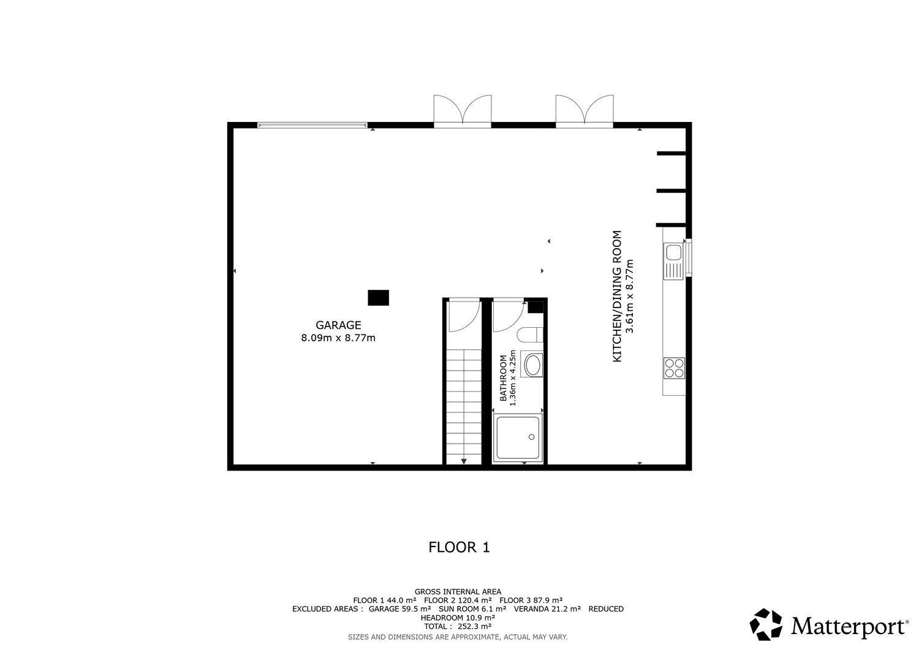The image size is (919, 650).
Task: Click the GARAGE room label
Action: (x=338, y=325)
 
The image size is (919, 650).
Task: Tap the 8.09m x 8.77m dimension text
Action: (x=338, y=338)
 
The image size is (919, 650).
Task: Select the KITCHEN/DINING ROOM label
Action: (x=617, y=297)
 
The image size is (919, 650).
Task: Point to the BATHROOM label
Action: (x=503, y=379)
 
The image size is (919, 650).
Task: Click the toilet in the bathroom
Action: (x=530, y=335)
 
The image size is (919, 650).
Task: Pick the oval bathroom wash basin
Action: (x=532, y=365)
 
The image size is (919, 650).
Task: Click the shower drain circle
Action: (x=532, y=437)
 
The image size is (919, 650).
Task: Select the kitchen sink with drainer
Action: (x=674, y=261)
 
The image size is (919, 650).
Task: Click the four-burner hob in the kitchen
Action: (x=674, y=368)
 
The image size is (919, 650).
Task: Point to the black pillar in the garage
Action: (x=378, y=298)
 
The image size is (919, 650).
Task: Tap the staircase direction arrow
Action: (x=464, y=462)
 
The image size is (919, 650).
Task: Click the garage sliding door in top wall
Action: (x=312, y=125)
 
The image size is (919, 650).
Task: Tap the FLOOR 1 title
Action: (x=459, y=548)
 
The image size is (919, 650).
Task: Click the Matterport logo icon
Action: (x=766, y=624)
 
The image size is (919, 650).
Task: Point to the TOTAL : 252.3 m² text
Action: (x=458, y=627)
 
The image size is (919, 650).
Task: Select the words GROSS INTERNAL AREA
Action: (x=458, y=592)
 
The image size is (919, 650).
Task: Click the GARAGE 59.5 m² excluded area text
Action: (x=399, y=609)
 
